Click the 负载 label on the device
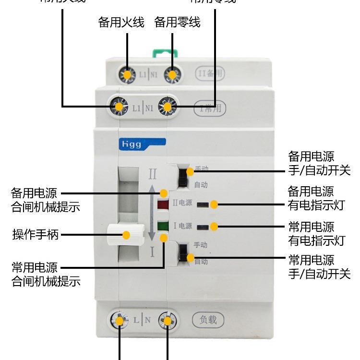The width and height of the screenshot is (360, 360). [208, 319]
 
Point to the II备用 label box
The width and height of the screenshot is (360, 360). [210, 74]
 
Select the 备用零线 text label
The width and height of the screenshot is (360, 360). [178, 23]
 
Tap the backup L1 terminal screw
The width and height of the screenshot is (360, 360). [127, 75]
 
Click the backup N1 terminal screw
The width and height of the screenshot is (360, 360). [172, 75]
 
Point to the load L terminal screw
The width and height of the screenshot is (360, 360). [119, 320]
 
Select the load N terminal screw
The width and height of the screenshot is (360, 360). [168, 320]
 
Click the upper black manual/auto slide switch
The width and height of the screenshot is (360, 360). [183, 178]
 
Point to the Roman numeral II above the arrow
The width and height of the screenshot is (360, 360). [152, 173]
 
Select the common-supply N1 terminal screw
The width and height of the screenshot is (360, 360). [167, 107]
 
